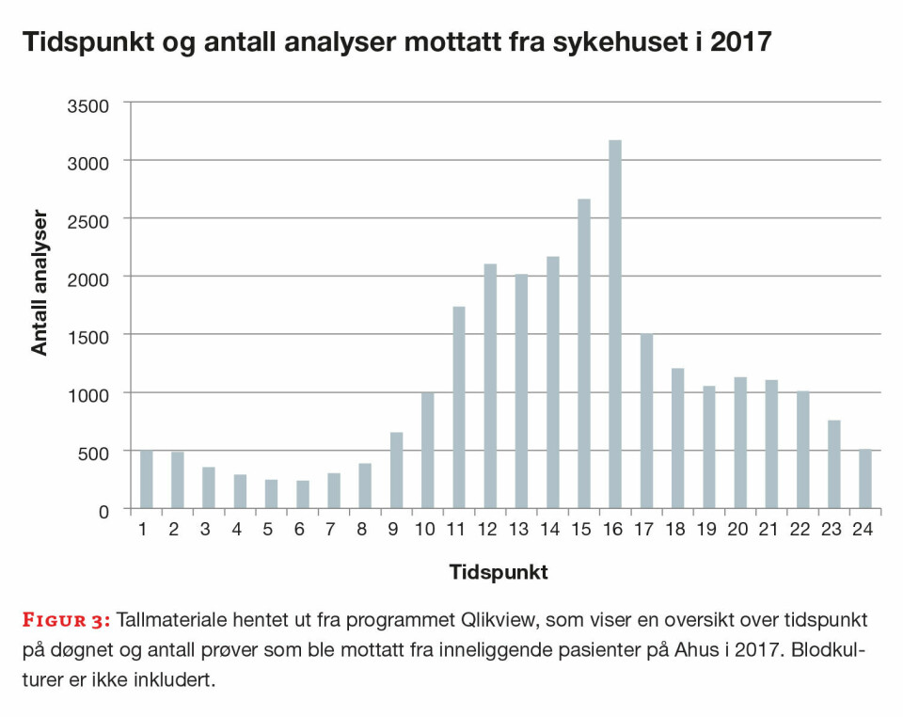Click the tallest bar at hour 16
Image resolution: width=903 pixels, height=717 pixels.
click(614, 325)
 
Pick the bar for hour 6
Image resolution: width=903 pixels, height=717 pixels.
click(302, 495)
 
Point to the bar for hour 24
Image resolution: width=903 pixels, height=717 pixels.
click(864, 480)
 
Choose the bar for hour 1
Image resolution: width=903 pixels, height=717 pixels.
click(146, 480)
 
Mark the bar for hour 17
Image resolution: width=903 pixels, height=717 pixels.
click(645, 422)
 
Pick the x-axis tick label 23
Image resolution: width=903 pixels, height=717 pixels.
click(832, 531)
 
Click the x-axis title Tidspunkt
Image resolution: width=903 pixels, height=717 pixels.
click(499, 571)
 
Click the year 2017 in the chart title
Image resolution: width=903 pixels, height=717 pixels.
click(737, 43)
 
